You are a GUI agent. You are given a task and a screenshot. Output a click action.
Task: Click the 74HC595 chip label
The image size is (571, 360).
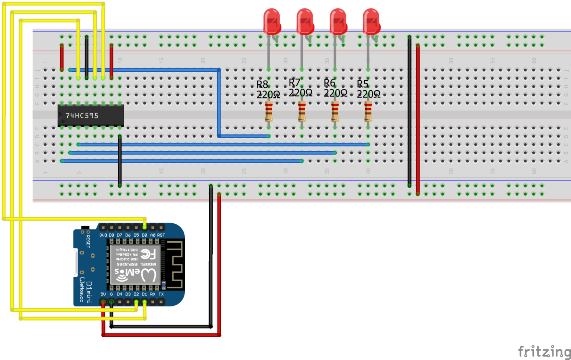click(x=82, y=116)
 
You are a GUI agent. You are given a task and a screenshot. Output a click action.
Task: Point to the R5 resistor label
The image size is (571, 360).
click(x=363, y=84)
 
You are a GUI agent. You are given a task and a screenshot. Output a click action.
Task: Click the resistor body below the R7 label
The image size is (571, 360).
click(x=302, y=111)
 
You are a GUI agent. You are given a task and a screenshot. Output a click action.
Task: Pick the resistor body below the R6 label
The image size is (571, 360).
click(x=335, y=111)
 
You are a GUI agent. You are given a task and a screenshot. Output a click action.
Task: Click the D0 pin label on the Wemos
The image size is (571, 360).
click(x=144, y=235)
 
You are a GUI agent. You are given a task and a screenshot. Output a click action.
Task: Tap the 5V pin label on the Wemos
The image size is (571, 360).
click(x=103, y=294)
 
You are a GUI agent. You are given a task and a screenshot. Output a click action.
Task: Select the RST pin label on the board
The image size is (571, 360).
click(x=161, y=235)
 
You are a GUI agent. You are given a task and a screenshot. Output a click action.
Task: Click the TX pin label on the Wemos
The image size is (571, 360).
click(x=161, y=294)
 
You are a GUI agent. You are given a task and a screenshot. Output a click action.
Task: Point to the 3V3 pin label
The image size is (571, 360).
click(x=103, y=235)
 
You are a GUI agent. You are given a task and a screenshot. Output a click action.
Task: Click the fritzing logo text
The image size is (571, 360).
click(x=544, y=351)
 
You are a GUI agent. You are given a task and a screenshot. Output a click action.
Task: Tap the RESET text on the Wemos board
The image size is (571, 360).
click(x=88, y=241)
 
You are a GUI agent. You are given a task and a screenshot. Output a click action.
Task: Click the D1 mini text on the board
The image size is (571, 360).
click(x=89, y=292)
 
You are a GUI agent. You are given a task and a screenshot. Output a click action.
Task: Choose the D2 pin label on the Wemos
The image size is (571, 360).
click(x=136, y=294)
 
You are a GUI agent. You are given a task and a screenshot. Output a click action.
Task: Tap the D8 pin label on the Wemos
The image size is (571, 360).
click(x=111, y=235)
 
